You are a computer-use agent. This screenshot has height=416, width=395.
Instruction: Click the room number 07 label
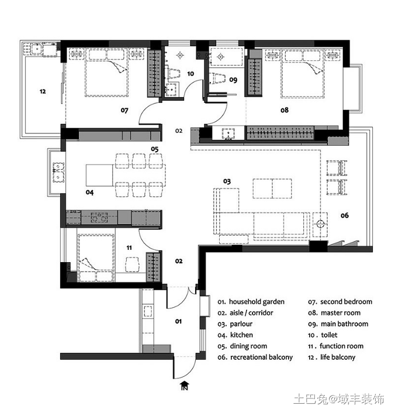coord(124,110)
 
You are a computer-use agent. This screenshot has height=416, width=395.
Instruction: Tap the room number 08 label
coord(285,110)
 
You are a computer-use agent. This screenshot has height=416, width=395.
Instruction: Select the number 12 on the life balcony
coord(43,91)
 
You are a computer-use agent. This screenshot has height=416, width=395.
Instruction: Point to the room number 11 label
coord(129,248)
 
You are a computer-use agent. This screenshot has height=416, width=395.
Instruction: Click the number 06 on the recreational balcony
coord(345,215)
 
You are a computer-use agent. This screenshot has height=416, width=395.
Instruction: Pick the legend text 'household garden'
coord(257,302)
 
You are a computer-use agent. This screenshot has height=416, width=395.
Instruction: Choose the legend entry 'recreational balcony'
coord(261,357)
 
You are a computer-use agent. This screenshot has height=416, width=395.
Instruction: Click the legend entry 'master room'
coord(341,313)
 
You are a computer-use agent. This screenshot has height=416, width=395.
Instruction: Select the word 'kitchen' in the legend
coord(241,335)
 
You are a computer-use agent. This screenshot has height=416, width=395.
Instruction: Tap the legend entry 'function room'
coord(341,346)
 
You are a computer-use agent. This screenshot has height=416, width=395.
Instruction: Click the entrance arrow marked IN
coord(185,386)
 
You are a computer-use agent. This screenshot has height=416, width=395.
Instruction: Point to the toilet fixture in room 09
coord(217,78)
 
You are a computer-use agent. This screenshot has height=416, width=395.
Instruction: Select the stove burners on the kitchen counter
coord(99,216)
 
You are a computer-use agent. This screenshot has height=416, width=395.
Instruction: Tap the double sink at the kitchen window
coord(58,172)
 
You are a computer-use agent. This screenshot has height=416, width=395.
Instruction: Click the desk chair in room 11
coord(132,264)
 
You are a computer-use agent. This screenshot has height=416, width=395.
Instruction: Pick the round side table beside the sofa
coord(320,224)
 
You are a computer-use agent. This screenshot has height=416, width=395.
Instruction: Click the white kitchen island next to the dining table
coord(99,175)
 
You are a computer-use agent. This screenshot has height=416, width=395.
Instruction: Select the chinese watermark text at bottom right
coord(339,399)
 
